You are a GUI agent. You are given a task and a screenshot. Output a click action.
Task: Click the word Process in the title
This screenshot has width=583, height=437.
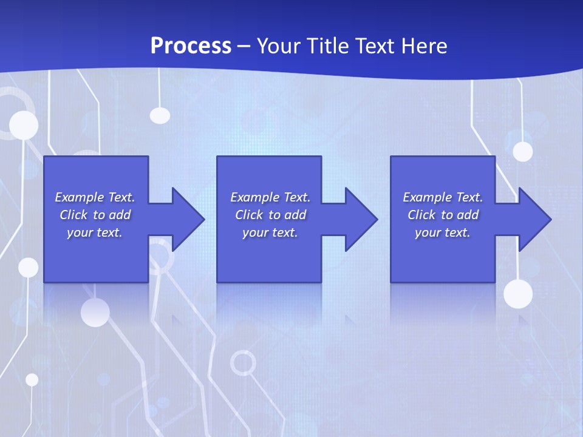pos(191,46)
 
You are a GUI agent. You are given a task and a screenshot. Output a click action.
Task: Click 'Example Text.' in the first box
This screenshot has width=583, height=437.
pos(95,197)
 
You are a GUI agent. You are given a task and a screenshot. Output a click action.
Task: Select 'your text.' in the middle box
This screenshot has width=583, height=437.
pos(270,232)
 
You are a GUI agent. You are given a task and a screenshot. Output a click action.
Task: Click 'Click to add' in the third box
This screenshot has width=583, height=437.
pos(443,215)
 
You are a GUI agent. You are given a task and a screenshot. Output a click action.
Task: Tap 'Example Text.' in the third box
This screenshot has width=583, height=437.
pos(443,197)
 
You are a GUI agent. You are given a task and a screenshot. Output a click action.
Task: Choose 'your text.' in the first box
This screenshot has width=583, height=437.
pos(95,232)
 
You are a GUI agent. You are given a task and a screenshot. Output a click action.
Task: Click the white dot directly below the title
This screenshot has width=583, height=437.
pos(160,115)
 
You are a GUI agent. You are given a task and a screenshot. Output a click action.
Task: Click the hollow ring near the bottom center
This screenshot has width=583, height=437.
pos(243,363)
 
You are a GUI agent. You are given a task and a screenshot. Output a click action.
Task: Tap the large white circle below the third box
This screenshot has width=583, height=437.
pos(518,294)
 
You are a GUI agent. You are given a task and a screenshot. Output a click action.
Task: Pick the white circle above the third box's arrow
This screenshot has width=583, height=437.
pos(522,151)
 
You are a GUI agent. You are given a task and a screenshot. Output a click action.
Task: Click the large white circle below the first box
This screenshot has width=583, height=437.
pos(95,313)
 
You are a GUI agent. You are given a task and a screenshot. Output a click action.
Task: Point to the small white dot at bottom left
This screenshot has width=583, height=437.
pos(32,379)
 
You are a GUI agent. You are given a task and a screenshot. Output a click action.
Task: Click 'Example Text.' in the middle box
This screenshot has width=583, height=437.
pos(270,197)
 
